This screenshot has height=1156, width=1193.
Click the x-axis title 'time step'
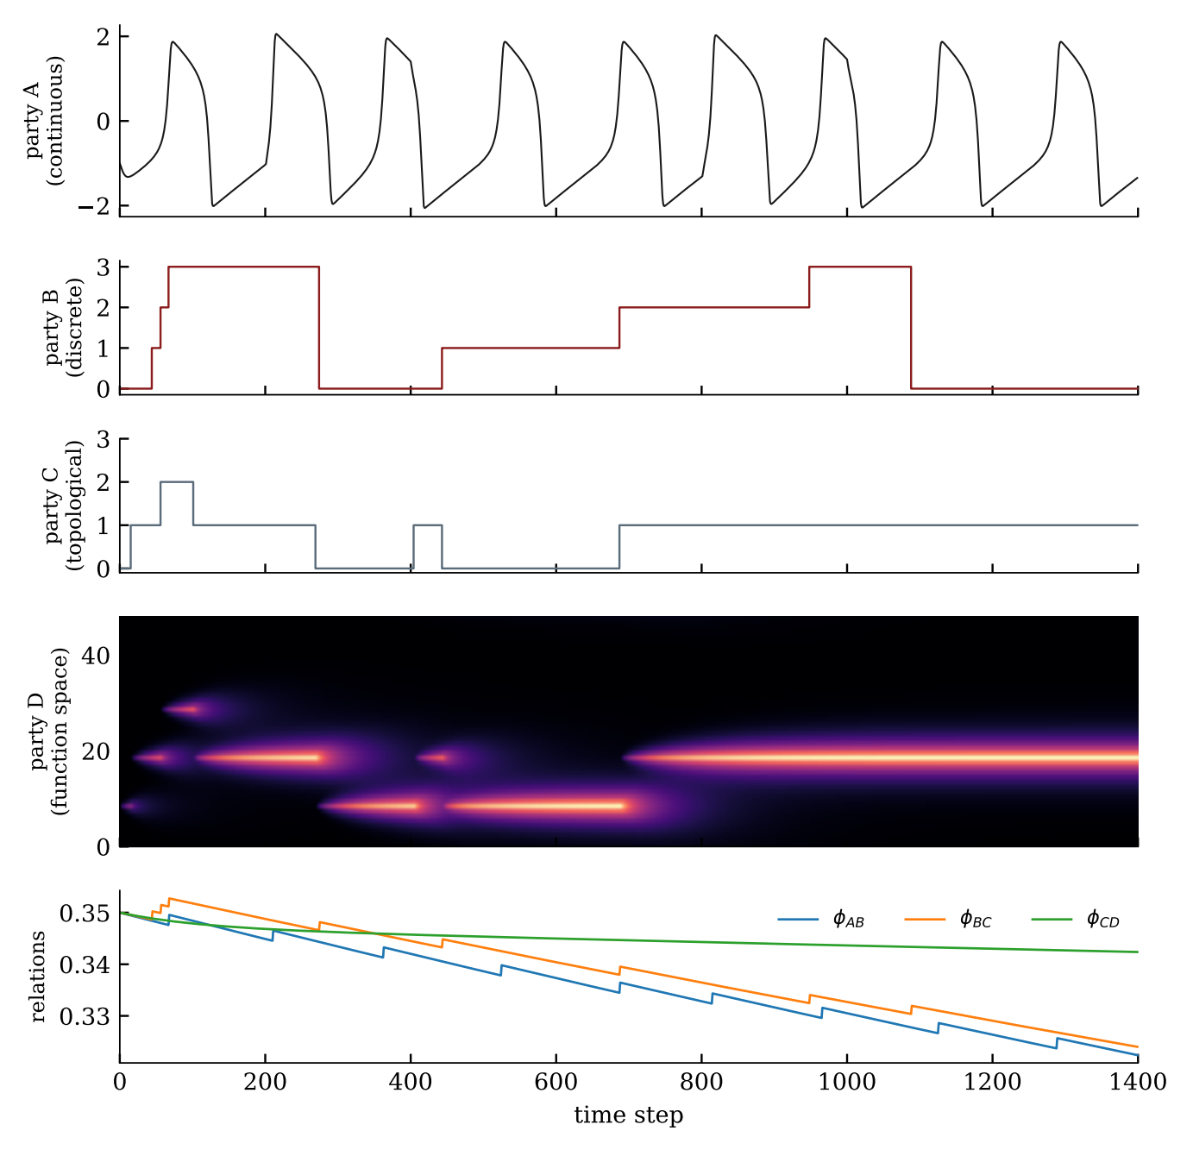628,1115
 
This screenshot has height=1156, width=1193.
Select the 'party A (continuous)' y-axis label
43,120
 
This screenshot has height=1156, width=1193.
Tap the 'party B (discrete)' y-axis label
63,327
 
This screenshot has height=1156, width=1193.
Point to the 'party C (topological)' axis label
63,505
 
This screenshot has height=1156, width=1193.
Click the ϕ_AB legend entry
821,920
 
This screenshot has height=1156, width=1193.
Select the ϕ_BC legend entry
948,920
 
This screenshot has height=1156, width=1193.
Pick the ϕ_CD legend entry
1076,920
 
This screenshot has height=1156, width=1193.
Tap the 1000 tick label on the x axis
846,1081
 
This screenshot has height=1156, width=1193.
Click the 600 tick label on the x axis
556,1081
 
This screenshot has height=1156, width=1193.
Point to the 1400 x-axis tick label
1138,1081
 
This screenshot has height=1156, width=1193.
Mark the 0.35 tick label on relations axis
85,913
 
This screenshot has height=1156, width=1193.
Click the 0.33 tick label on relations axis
85,1016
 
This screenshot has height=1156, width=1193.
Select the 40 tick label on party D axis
96,656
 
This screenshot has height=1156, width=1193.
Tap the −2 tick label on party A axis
94,206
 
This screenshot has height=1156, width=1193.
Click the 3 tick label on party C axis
104,439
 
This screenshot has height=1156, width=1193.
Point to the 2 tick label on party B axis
104,307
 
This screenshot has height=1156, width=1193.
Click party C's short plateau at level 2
177,482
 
